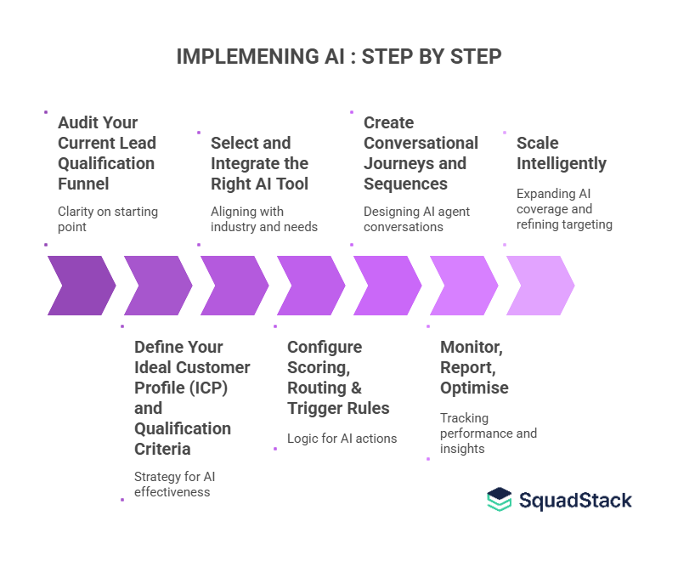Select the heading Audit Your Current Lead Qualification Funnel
point(106,153)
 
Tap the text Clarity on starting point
point(107,219)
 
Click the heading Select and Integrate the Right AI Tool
point(259,163)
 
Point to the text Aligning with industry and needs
point(263,219)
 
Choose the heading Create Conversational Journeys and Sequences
point(421,153)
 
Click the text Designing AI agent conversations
point(416,219)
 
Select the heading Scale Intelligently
point(561,153)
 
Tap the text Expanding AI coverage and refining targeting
point(564,209)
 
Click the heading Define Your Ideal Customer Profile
point(192,398)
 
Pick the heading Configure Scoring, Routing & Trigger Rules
point(338,377)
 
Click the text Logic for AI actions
point(342,439)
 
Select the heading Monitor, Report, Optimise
point(474,367)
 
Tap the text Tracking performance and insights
point(488,433)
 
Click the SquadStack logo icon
point(500,500)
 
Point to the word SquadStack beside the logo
point(575,500)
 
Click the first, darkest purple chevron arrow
point(82,286)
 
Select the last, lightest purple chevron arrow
point(540,286)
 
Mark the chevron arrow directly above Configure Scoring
point(311,286)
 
